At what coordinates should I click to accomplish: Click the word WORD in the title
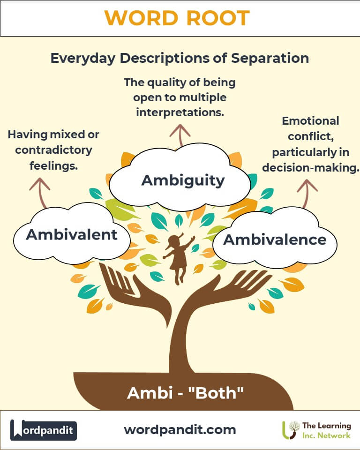click(141, 18)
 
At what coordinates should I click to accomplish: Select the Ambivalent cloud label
click(71, 234)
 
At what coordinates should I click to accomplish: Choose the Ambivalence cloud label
click(274, 240)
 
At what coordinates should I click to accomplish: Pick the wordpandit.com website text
click(180, 429)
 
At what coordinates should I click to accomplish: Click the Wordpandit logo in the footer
click(44, 430)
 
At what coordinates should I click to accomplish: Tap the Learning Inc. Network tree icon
click(292, 430)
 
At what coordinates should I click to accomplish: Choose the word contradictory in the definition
click(53, 150)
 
